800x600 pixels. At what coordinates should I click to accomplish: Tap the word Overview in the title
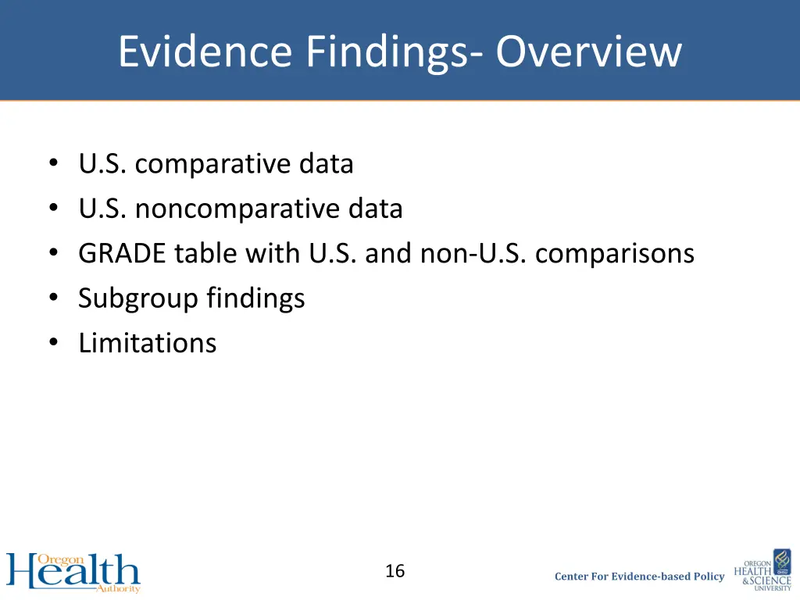coord(588,52)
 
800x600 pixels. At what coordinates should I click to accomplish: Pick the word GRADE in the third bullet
coord(123,254)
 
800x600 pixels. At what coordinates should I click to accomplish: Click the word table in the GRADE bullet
coord(199,254)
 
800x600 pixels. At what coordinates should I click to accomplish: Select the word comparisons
coord(615,254)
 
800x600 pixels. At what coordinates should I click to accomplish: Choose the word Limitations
coord(147,343)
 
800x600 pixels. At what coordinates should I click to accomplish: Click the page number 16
coord(395,571)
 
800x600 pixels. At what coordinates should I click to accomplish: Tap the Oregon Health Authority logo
coord(73,573)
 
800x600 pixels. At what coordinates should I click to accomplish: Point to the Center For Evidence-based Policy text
coord(639,577)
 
